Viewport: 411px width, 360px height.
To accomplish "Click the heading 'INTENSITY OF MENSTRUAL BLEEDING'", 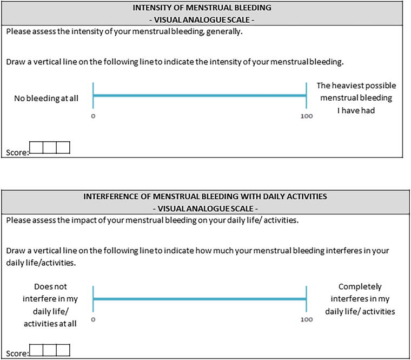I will [x=205, y=8].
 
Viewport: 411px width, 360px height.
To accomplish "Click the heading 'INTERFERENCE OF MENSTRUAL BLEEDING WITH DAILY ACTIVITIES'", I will [x=205, y=197].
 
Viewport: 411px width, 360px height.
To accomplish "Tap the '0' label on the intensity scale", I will [x=93, y=116].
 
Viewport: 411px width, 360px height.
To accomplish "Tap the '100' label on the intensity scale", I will [x=306, y=116].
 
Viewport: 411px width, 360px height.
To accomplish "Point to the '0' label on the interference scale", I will [x=93, y=320].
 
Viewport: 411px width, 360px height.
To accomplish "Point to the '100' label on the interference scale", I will [x=306, y=320].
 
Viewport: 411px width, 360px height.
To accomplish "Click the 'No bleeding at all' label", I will [x=46, y=99].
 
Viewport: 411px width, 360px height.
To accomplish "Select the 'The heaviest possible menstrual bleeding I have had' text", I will [x=356, y=98].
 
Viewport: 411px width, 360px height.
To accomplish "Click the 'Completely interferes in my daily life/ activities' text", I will [x=360, y=299].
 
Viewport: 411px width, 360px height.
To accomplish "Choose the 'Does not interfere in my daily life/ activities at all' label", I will [x=50, y=305].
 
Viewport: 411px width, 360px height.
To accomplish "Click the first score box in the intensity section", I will [x=36, y=148].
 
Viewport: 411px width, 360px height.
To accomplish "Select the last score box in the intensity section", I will [x=63, y=148].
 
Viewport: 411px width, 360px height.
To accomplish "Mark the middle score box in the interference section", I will [x=50, y=350].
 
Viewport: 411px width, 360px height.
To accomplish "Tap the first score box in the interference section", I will [x=36, y=350].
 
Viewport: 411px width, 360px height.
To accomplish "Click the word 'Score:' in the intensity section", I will [x=17, y=153].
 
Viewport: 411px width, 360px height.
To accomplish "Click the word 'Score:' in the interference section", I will [x=17, y=354].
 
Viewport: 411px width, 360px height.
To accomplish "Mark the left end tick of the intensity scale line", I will [x=94, y=96].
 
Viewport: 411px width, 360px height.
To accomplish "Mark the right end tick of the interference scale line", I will [x=307, y=298].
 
